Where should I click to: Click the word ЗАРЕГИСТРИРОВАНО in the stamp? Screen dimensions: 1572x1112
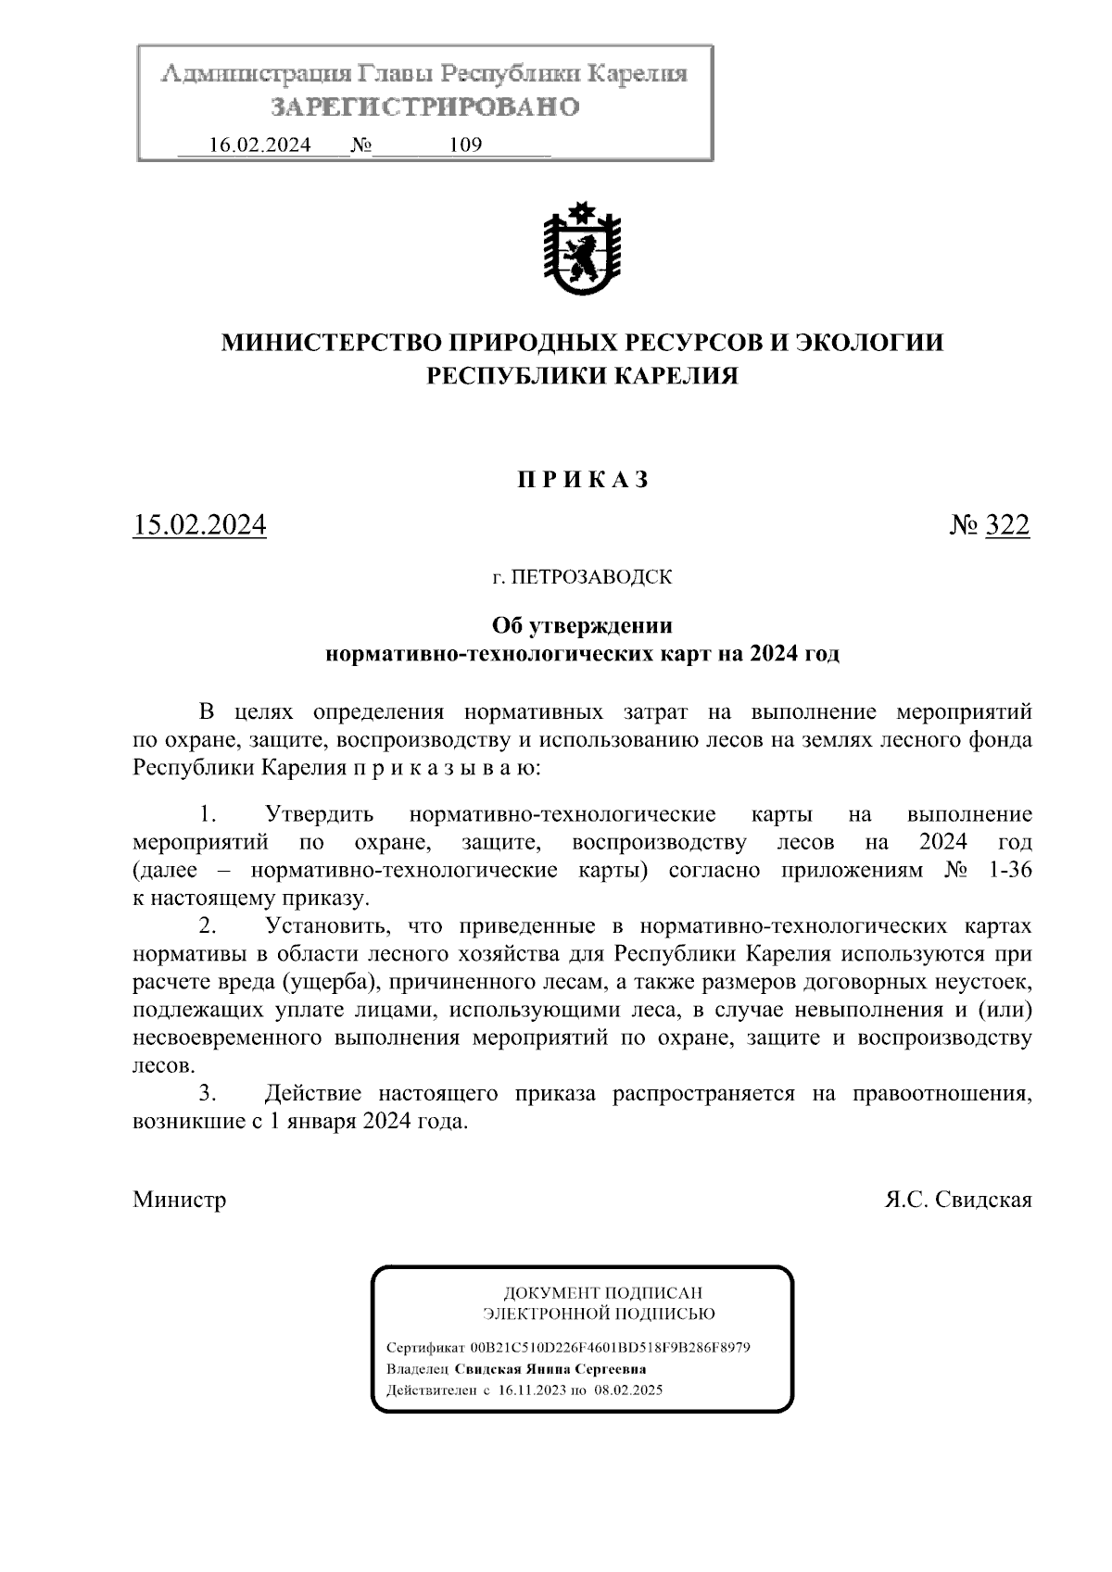click(x=424, y=107)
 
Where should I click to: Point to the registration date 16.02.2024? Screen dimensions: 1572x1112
click(x=259, y=145)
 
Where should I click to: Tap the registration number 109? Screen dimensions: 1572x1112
click(x=464, y=145)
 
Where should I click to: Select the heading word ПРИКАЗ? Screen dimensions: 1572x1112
click(x=581, y=480)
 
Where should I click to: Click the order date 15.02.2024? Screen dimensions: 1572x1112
click(x=199, y=526)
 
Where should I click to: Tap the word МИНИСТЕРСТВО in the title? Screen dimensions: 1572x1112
click(x=331, y=343)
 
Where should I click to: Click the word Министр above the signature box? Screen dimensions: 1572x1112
click(x=180, y=1201)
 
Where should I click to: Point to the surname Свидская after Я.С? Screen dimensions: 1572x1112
click(x=983, y=1201)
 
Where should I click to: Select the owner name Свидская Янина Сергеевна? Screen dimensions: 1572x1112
click(x=544, y=1369)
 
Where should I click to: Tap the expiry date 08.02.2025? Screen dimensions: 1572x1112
click(x=629, y=1390)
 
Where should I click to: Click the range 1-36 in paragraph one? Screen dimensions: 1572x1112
click(x=1008, y=871)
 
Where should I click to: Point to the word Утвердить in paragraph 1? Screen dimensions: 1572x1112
click(x=320, y=815)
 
